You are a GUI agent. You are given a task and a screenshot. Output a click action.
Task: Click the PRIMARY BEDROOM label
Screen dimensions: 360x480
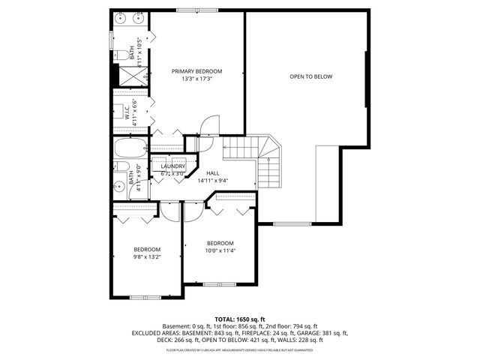coord(196,71)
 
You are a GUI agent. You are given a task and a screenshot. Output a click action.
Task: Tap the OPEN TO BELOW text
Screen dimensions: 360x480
coord(310,76)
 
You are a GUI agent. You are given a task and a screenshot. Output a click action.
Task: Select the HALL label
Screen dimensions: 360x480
coord(212,172)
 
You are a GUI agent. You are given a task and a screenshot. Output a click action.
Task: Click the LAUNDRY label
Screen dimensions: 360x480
coord(172,166)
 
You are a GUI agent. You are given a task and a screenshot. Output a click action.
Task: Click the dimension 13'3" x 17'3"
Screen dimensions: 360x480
coord(196,79)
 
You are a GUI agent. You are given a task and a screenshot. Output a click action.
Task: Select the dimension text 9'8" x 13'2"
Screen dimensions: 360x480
coord(147,256)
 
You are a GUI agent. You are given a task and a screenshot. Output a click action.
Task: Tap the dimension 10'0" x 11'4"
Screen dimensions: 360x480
coord(220,250)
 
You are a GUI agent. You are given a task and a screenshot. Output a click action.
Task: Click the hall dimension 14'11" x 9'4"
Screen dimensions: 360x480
coord(212,181)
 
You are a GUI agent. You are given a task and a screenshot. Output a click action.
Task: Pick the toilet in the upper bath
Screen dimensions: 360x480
coord(121,53)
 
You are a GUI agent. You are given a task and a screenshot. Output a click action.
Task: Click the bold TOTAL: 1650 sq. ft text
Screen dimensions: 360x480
coord(240,319)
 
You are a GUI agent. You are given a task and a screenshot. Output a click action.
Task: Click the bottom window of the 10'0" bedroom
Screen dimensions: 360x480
coord(215,284)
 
